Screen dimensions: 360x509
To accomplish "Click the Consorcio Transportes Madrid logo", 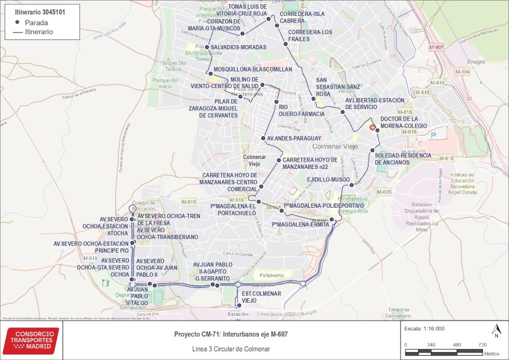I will [33, 340].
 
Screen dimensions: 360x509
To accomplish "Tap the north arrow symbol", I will [495, 332].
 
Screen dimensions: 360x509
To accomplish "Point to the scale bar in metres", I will [443, 353].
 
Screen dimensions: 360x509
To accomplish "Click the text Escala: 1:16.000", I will [425, 329].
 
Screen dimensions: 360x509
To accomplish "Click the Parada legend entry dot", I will [17, 22].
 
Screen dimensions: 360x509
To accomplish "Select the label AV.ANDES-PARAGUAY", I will [295, 138].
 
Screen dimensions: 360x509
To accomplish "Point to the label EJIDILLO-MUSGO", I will [328, 179].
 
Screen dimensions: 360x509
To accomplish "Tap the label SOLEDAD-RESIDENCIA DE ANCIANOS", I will [401, 158].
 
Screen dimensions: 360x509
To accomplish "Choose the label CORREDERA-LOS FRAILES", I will [310, 35].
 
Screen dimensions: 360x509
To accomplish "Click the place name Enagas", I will [476, 62].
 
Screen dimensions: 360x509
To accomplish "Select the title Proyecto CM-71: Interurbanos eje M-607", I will [231, 333].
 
